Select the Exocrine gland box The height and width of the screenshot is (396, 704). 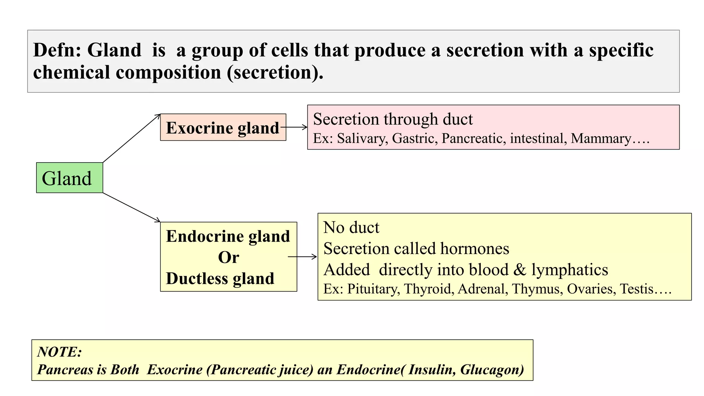223,128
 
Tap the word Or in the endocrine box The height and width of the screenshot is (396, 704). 229,257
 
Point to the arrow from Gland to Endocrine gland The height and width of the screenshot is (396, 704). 131,207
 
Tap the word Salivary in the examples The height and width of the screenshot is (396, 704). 362,139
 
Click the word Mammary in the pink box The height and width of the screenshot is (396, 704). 601,139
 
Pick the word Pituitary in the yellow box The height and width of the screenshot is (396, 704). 374,289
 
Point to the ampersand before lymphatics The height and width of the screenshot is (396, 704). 520,270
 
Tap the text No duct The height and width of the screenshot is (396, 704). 351,228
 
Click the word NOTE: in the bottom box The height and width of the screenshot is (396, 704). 59,352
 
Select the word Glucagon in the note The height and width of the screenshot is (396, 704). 492,370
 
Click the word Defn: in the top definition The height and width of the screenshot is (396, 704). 57,50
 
